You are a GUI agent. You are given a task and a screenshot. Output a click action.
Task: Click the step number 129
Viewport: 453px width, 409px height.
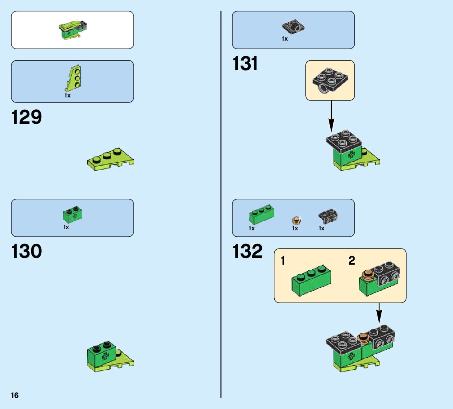click(27, 118)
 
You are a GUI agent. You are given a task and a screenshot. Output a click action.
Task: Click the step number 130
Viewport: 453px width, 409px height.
click(27, 252)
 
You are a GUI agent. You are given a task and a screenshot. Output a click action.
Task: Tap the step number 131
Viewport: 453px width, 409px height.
click(245, 64)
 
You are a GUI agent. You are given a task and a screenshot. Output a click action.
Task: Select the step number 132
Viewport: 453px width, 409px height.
click(248, 252)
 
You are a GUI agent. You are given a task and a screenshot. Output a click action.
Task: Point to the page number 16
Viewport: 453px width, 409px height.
click(15, 396)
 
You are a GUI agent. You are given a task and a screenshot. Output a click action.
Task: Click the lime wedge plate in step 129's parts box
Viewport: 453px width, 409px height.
click(73, 78)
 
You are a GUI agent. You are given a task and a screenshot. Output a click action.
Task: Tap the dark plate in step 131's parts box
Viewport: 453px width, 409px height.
click(293, 27)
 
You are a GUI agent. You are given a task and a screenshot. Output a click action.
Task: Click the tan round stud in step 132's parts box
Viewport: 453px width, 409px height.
click(296, 220)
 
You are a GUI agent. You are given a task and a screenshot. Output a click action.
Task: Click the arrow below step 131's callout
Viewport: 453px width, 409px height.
click(331, 116)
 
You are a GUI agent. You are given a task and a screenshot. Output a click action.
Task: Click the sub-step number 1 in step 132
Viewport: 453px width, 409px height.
click(283, 261)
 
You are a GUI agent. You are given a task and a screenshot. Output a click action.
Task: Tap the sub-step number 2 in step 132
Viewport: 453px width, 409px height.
click(351, 261)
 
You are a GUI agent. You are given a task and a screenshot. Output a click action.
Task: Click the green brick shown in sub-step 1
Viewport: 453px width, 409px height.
click(311, 281)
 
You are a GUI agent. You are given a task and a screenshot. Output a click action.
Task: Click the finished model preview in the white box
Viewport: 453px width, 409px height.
click(72, 30)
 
